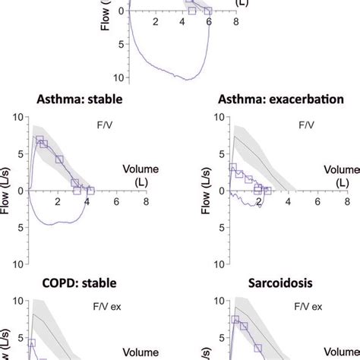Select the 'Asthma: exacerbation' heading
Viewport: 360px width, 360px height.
(266, 99)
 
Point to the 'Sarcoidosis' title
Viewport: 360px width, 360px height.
(266, 283)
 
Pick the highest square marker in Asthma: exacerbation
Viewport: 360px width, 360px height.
(233, 167)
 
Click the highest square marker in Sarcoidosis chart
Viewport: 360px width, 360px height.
(235, 320)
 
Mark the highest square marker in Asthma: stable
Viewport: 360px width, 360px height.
(39, 141)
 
